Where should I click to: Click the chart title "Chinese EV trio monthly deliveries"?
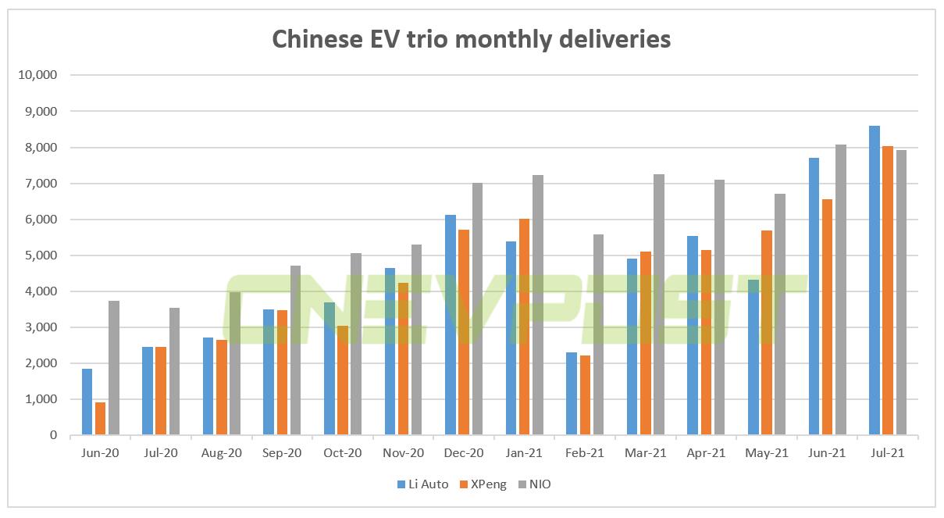pyautogui.click(x=471, y=38)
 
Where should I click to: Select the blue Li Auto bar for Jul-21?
pyautogui.click(x=874, y=280)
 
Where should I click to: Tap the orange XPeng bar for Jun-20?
pyautogui.click(x=101, y=419)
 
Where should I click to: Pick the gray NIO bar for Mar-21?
pyautogui.click(x=658, y=305)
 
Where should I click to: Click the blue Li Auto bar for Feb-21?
pyautogui.click(x=571, y=394)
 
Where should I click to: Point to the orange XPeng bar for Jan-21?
pyautogui.click(x=524, y=327)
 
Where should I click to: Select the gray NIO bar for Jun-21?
pyautogui.click(x=840, y=290)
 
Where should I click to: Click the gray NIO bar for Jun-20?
pyautogui.click(x=114, y=368)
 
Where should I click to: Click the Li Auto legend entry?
pyautogui.click(x=422, y=484)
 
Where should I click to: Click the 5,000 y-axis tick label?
pyautogui.click(x=40, y=255)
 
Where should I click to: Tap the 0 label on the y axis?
pyautogui.click(x=53, y=435)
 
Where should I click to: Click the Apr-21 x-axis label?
pyautogui.click(x=706, y=454)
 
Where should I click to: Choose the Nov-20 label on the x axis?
pyautogui.click(x=403, y=454)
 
